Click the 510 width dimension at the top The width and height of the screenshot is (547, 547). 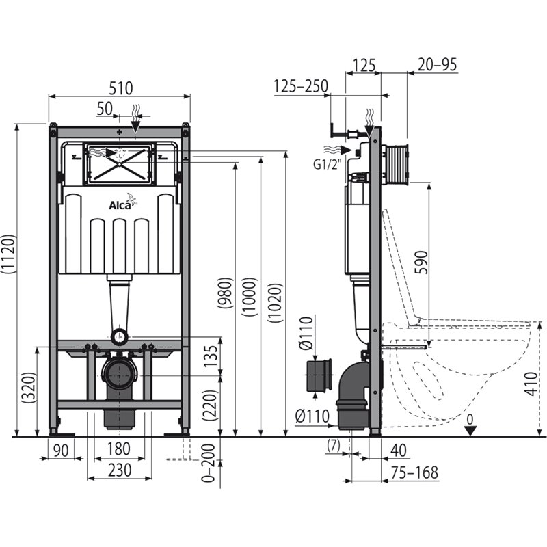(119, 88)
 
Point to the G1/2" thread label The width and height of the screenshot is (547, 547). (326, 163)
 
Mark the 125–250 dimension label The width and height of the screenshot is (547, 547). (301, 86)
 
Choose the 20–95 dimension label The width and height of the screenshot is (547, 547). (434, 64)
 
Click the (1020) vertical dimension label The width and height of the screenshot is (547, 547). (273, 300)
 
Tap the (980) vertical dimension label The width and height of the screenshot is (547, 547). (225, 294)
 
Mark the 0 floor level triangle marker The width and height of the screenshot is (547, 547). (469, 429)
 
